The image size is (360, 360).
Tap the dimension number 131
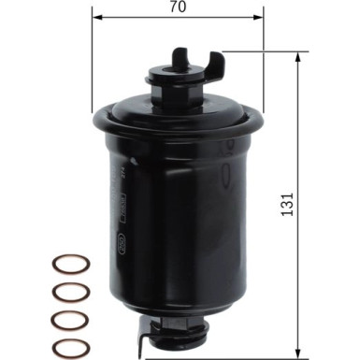pyautogui.click(x=287, y=200)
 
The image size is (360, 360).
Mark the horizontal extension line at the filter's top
pyautogui.click(x=252, y=52)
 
